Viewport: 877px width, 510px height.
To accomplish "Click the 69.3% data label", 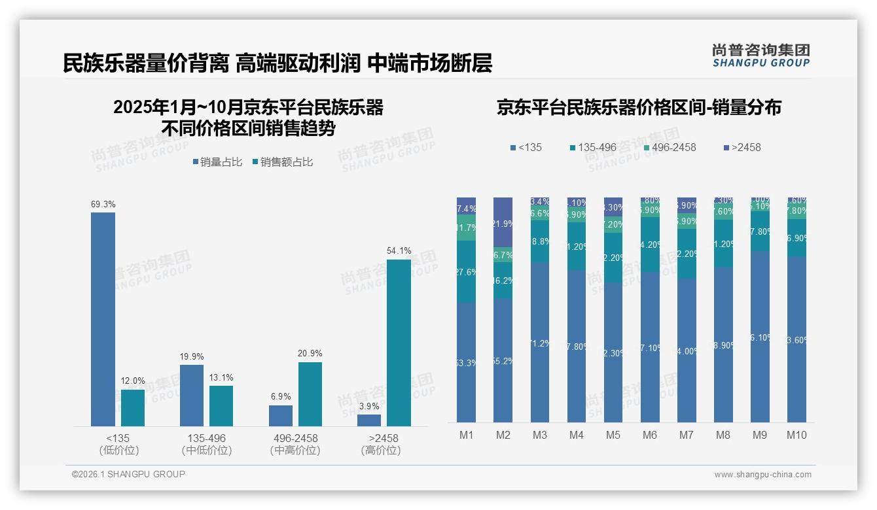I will coord(103,205).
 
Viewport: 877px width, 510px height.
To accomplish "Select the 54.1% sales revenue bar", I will coord(399,343).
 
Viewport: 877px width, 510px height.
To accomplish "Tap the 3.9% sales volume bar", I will coord(369,420).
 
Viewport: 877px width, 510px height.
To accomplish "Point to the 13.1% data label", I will coord(221,377).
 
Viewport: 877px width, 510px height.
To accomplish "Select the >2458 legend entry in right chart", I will coord(742,147).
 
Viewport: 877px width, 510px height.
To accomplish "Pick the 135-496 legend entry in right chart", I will coord(592,147).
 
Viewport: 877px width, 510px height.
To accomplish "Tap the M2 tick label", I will coord(503,435).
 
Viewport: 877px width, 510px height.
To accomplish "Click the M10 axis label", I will coord(796,435).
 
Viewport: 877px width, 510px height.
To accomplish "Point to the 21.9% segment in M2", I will coord(503,223).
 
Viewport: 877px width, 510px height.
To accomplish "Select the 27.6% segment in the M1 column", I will coord(466,271).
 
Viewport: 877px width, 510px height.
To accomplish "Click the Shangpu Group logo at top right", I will coord(761,56).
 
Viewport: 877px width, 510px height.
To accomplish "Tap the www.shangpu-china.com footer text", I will coord(762,475).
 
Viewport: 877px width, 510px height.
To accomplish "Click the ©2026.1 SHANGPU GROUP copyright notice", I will coord(128,474).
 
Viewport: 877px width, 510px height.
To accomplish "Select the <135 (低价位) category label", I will coord(118,444).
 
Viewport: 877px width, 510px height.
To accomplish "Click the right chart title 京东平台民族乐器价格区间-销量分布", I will coord(639,107).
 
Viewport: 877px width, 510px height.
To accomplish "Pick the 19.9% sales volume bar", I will coord(192,395).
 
